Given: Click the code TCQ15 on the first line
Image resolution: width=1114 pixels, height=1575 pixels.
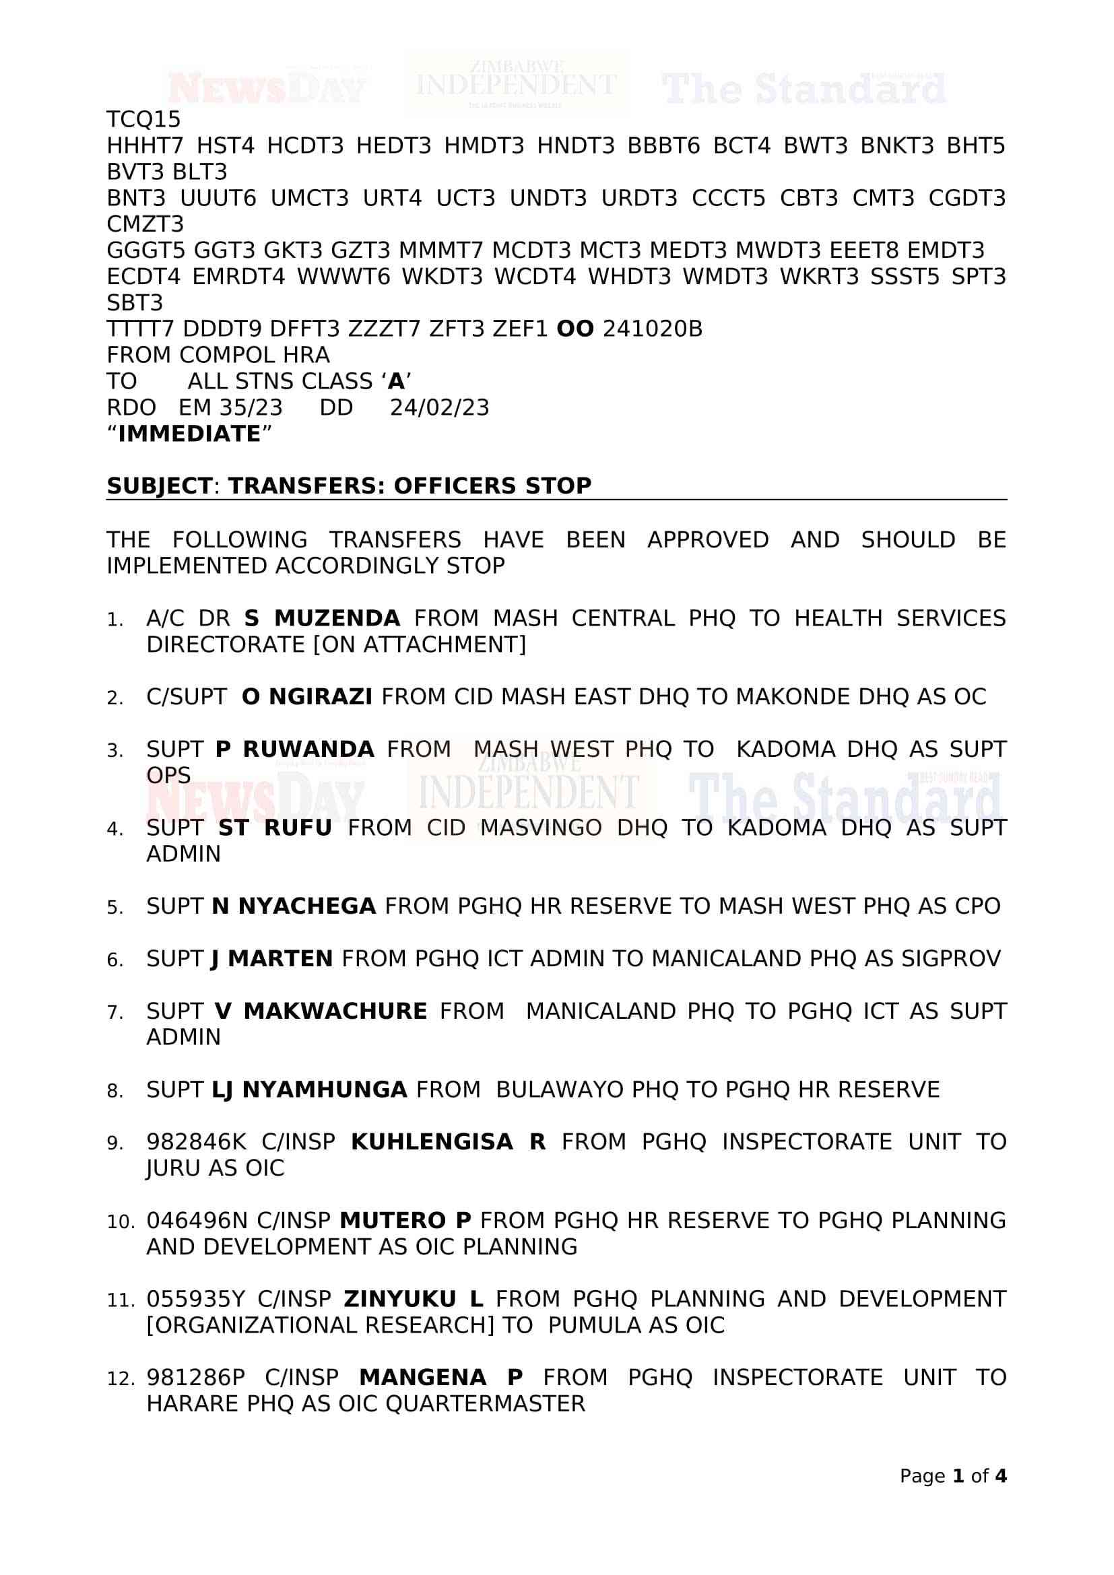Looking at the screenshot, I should [143, 119].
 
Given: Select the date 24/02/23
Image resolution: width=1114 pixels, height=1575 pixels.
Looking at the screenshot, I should [439, 407].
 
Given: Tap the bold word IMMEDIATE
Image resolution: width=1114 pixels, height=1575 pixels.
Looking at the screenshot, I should [189, 434].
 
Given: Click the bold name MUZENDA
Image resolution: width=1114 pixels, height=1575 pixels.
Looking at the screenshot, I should [337, 618].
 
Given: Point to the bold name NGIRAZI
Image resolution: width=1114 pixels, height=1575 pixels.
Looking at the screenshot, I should [321, 696].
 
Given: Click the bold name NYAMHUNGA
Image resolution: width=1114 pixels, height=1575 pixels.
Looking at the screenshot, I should [325, 1090].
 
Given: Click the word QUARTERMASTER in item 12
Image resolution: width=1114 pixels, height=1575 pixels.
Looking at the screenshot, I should [485, 1403].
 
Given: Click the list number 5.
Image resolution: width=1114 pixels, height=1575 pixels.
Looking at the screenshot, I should [114, 908].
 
